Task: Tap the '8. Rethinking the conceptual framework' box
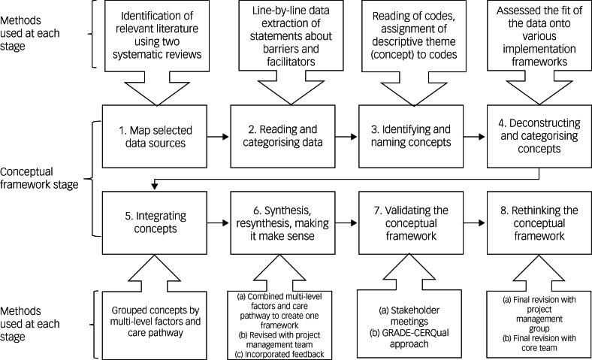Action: (536, 222)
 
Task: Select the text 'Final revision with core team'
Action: (538, 337)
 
